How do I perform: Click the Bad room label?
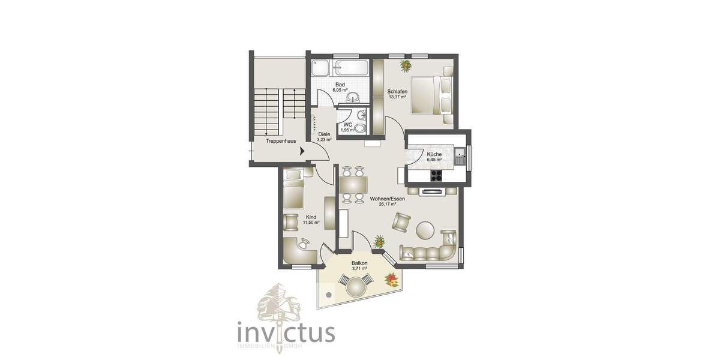click(340, 85)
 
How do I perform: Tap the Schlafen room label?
click(397, 91)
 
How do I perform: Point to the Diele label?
click(324, 134)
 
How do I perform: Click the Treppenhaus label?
click(281, 142)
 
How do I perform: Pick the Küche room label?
click(434, 154)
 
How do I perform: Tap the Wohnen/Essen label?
click(388, 199)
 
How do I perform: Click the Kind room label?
click(311, 217)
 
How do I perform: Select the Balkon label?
click(359, 263)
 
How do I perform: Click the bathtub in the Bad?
click(351, 67)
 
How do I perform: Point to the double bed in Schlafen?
click(431, 95)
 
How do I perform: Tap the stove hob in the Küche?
click(436, 175)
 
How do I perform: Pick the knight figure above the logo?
click(278, 304)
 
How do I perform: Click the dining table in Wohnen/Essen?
click(353, 185)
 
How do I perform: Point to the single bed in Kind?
click(293, 191)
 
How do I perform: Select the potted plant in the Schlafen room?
click(406, 64)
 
